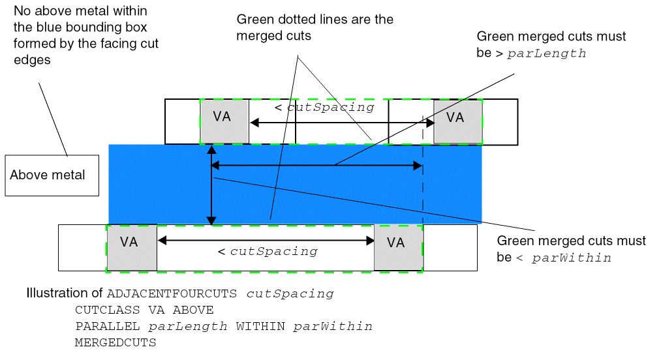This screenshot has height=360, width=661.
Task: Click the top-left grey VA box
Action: [224, 121]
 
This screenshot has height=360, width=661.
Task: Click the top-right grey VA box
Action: [457, 121]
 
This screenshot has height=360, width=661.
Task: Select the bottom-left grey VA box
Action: [131, 247]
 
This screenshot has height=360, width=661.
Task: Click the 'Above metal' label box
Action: [48, 175]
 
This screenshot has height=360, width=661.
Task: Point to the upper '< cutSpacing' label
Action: [324, 107]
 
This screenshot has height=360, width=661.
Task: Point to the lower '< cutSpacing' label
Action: [268, 251]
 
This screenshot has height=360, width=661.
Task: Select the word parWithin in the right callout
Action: [572, 258]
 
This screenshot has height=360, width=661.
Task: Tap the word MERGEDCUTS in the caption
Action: [115, 342]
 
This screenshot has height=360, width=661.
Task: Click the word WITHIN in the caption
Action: [261, 326]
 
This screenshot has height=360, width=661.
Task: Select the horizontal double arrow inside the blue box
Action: [316, 166]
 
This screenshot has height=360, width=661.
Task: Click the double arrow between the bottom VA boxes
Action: [266, 241]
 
